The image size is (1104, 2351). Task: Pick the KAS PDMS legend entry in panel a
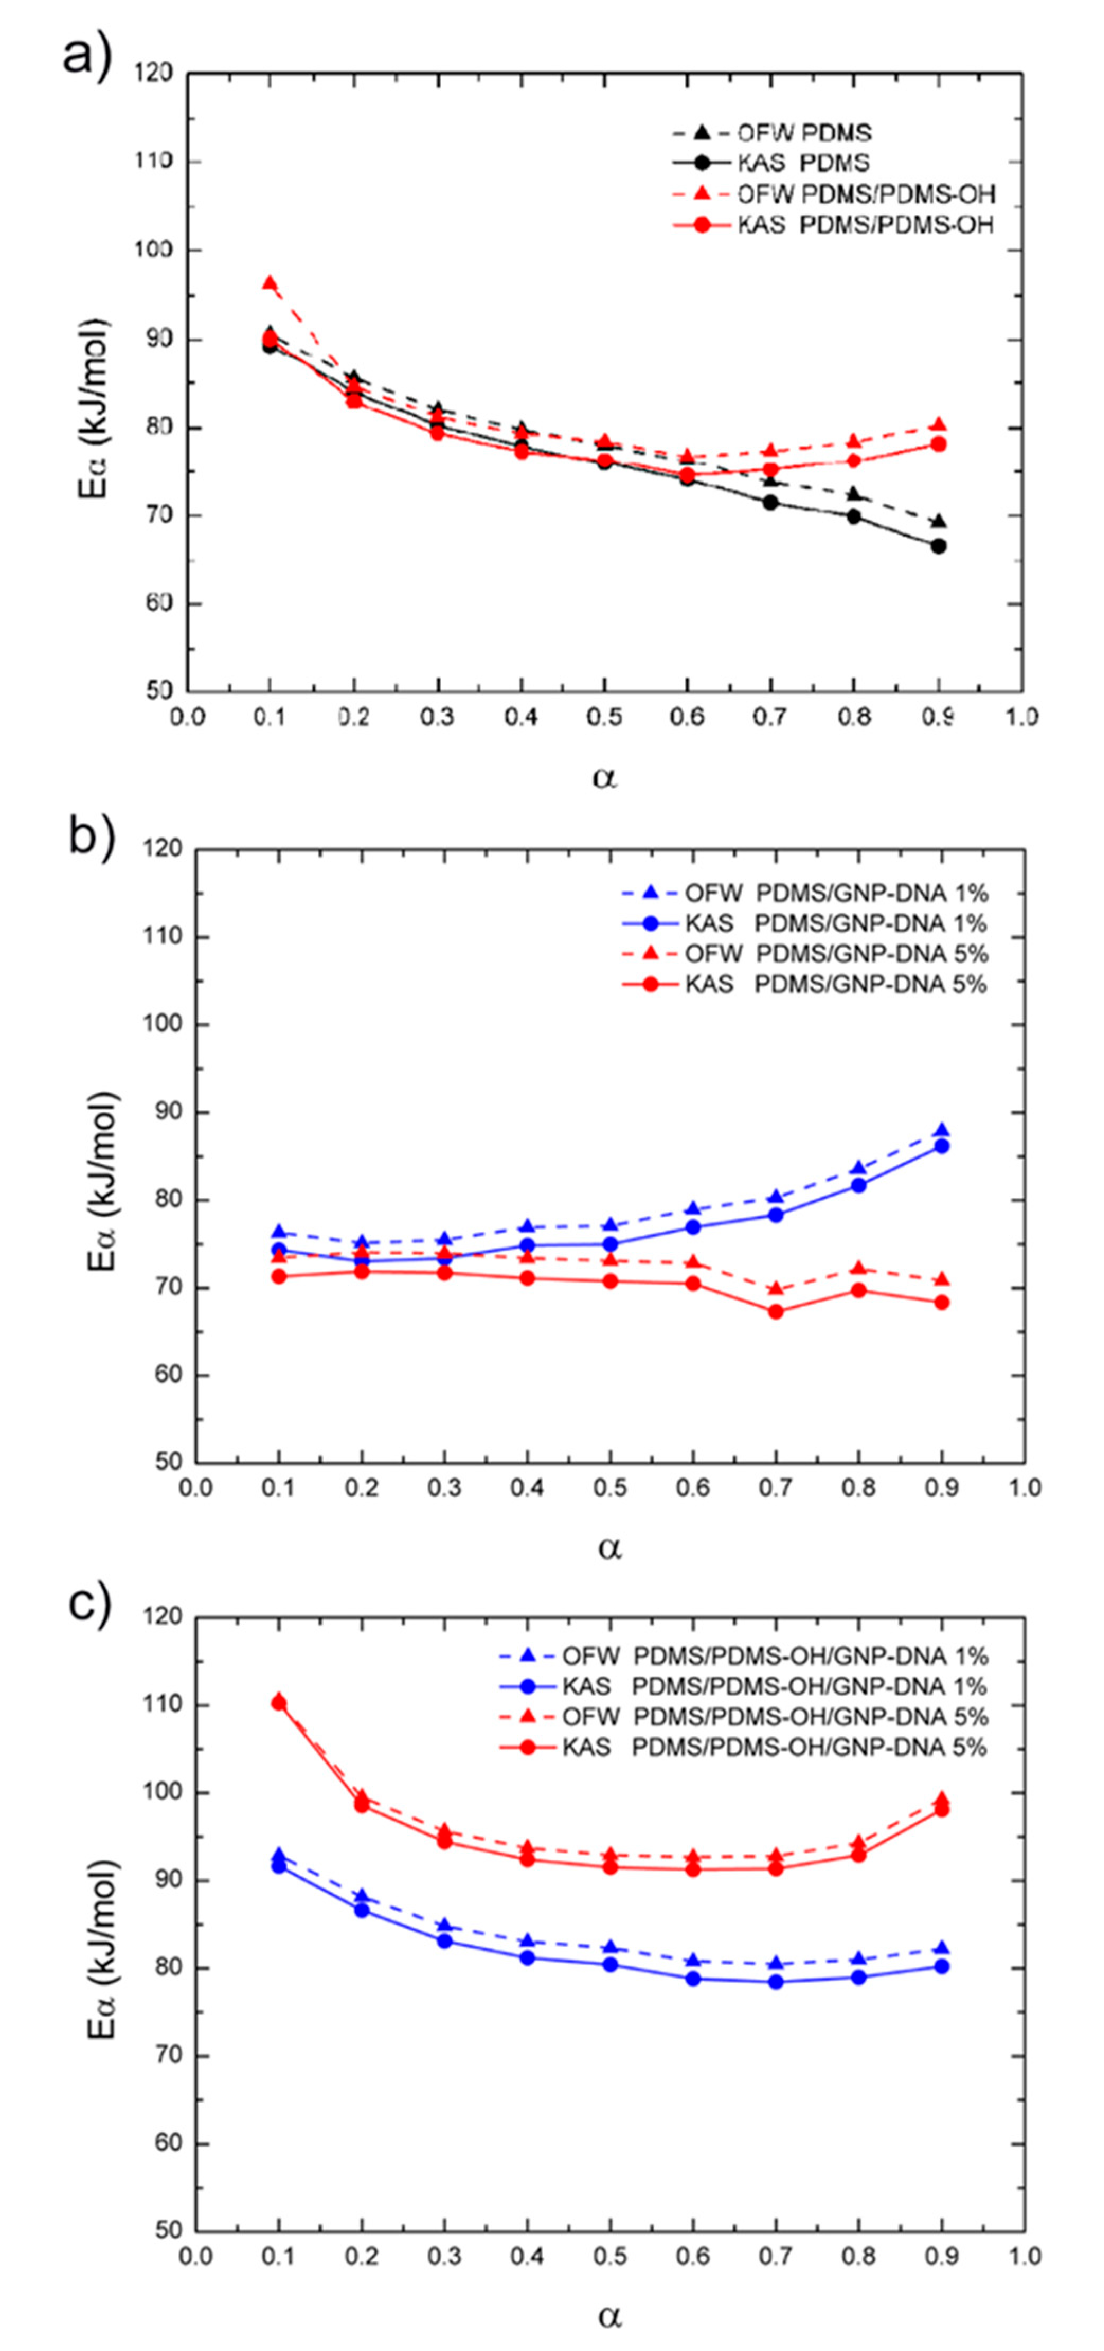pos(803,163)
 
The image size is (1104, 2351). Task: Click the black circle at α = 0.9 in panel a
pos(938,546)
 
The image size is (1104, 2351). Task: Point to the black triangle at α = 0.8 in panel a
pos(854,494)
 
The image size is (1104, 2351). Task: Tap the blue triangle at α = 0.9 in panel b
pos(941,1131)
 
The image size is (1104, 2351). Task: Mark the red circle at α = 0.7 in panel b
pos(776,1312)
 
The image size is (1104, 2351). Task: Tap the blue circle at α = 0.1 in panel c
pos(279,1865)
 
